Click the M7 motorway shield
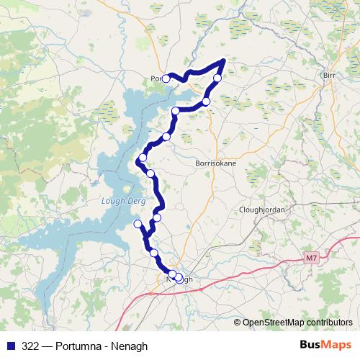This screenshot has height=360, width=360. point(310,256)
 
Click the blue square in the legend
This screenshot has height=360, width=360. point(9,346)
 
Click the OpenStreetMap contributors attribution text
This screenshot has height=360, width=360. point(297,322)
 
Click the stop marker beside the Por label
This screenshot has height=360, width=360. point(166,78)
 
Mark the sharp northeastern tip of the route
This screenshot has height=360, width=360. point(225,60)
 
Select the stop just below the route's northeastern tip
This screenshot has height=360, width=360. point(217,77)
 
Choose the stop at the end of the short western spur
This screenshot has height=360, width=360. point(138,224)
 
